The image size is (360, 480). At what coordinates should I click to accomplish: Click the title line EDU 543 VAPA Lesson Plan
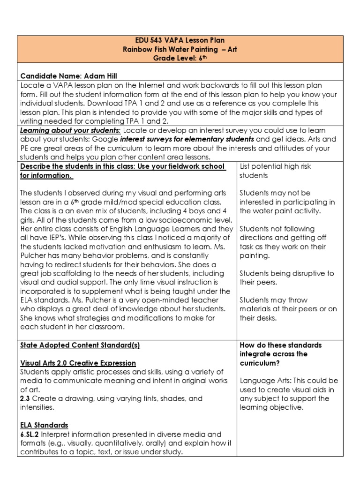pos(180,41)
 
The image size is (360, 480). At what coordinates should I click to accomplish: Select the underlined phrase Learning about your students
pos(70,130)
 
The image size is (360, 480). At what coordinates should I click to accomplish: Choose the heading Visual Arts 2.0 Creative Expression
pos(78,363)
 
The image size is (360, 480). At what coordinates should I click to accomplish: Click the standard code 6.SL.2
pos(30,434)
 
